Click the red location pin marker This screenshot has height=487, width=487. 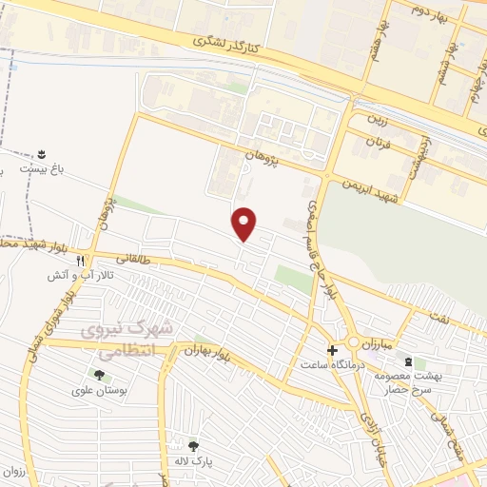(x=244, y=224)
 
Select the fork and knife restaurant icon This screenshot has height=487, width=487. (x=82, y=260)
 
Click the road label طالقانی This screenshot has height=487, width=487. (x=134, y=258)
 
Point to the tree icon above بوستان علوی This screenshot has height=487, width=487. (x=99, y=375)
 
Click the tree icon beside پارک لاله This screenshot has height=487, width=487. (x=194, y=445)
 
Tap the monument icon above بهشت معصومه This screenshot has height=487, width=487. (x=409, y=362)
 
